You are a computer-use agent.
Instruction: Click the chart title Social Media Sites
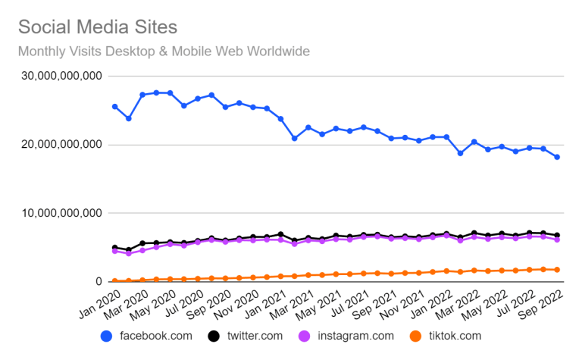click(x=98, y=27)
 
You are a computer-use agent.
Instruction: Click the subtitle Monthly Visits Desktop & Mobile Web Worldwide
click(x=164, y=52)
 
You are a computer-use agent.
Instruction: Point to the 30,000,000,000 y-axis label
click(x=61, y=76)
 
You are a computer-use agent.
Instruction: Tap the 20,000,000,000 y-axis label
click(x=61, y=144)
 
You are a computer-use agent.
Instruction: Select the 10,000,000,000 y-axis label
click(x=61, y=213)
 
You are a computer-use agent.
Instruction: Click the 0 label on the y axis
click(x=99, y=281)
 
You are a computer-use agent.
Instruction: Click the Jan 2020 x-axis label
click(x=99, y=305)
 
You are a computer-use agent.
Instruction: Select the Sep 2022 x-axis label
click(x=541, y=305)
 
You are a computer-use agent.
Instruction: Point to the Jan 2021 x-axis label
click(x=265, y=305)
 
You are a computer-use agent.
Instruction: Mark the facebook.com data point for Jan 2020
click(x=115, y=107)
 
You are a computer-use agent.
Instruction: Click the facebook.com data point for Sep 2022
click(x=557, y=157)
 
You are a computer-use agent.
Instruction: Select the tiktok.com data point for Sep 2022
click(x=557, y=270)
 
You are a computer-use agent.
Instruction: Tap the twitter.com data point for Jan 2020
click(x=115, y=248)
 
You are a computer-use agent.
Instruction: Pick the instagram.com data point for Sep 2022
click(x=557, y=239)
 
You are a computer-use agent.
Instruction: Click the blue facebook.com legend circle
click(x=107, y=337)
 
